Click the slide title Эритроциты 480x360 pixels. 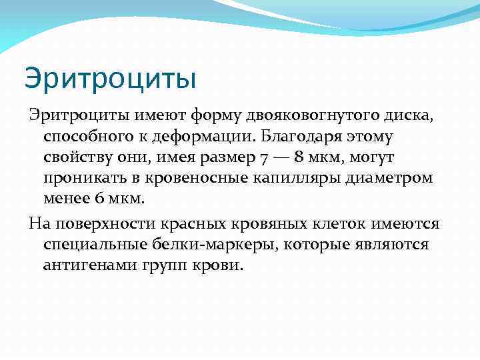coord(111,79)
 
